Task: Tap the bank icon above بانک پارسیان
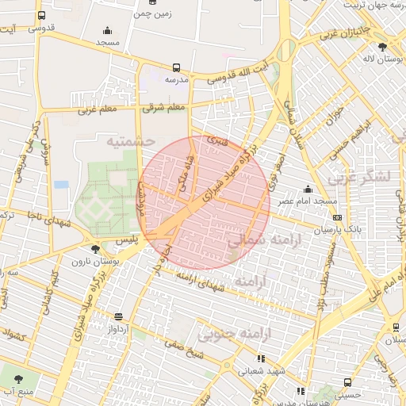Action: [337, 217]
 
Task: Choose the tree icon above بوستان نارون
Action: [95, 248]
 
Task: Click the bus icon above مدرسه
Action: [175, 68]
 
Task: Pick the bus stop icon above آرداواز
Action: [118, 316]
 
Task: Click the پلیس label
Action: [116, 238]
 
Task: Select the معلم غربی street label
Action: [98, 111]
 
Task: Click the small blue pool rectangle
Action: [61, 185]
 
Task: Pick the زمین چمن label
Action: [153, 13]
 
